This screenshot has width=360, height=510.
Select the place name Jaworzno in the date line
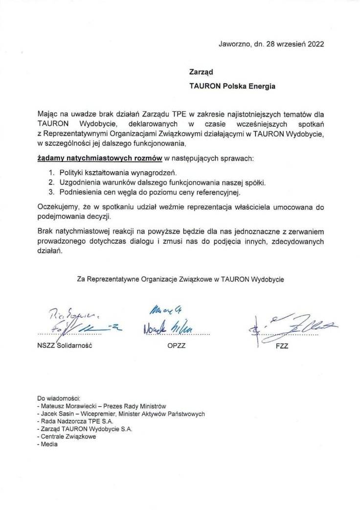[234, 44]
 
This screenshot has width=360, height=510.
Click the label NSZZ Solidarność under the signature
[65, 345]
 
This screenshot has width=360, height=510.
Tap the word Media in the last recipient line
[49, 444]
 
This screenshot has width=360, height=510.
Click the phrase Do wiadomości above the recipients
[58, 398]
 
